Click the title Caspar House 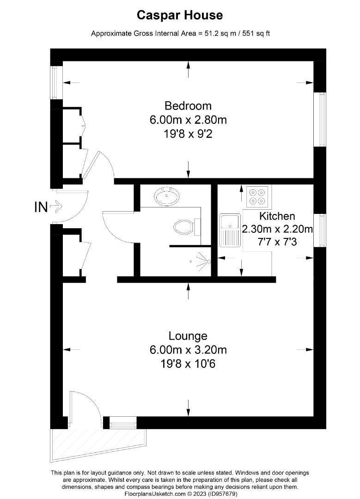pyautogui.click(x=180, y=15)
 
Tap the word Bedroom pyautogui.click(x=188, y=106)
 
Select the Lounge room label pyautogui.click(x=188, y=336)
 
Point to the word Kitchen pyautogui.click(x=277, y=216)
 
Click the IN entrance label pyautogui.click(x=41, y=207)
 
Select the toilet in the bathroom pyautogui.click(x=185, y=226)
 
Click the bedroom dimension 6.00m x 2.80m pyautogui.click(x=188, y=120)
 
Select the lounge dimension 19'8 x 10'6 pyautogui.click(x=188, y=364)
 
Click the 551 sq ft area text pyautogui.click(x=254, y=33)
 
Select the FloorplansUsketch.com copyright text pyautogui.click(x=180, y=493)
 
